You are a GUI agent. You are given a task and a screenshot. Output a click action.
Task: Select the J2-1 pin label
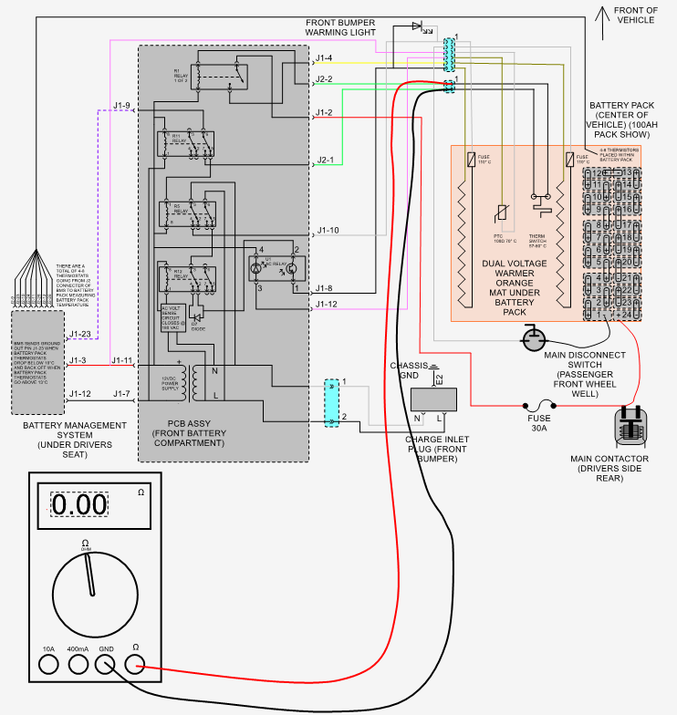click(x=325, y=161)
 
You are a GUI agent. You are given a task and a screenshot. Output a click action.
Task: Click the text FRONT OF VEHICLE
click(x=636, y=16)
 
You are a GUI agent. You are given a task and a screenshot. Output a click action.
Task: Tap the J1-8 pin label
click(x=325, y=288)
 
